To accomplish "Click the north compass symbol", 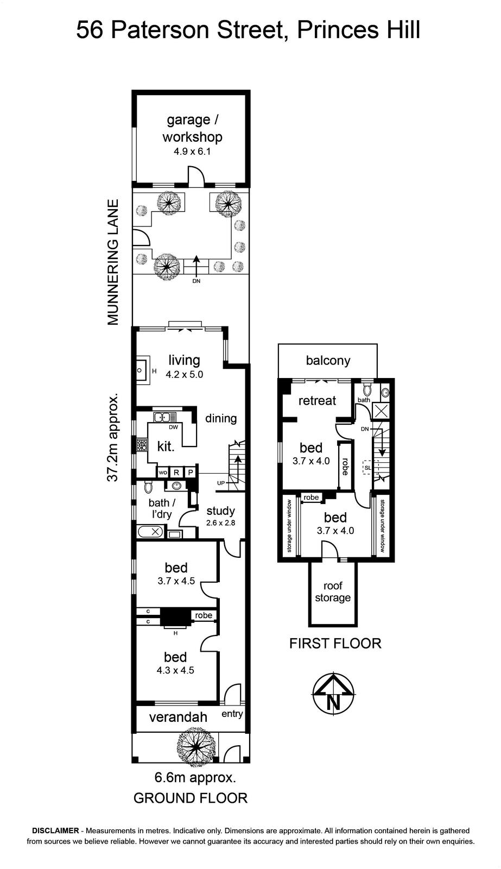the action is pyautogui.click(x=333, y=693).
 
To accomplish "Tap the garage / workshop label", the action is pyautogui.click(x=192, y=128).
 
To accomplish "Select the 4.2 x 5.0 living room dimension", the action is pyautogui.click(x=184, y=374).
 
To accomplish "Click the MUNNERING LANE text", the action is pyautogui.click(x=112, y=262).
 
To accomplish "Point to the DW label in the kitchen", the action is pyautogui.click(x=173, y=427).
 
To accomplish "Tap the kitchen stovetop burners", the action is pyautogui.click(x=141, y=445).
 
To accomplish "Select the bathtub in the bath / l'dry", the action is pyautogui.click(x=150, y=532).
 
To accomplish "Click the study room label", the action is pyautogui.click(x=220, y=511).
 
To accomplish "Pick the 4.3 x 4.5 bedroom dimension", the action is pyautogui.click(x=175, y=670).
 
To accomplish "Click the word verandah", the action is pyautogui.click(x=178, y=717).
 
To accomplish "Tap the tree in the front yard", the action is pyautogui.click(x=196, y=746).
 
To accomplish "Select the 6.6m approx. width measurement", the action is pyautogui.click(x=195, y=777).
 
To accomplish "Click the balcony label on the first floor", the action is pyautogui.click(x=328, y=361).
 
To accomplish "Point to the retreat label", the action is pyautogui.click(x=317, y=400).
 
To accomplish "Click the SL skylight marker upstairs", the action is pyautogui.click(x=367, y=468).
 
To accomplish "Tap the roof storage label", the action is pyautogui.click(x=333, y=591).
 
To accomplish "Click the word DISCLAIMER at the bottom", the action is pyautogui.click(x=55, y=830).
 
